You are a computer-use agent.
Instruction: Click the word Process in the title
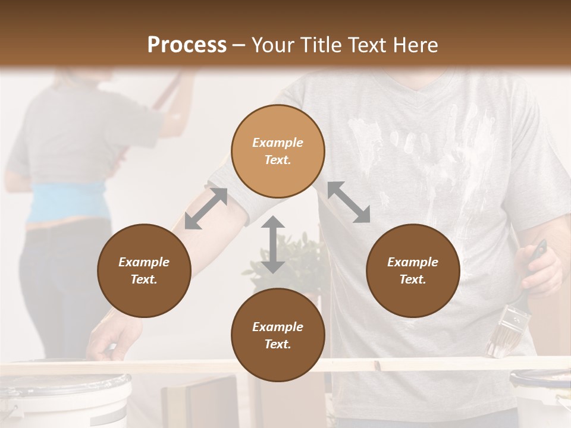(x=187, y=45)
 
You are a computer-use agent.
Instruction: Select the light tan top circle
(x=278, y=151)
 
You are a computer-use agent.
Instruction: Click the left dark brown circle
(x=144, y=270)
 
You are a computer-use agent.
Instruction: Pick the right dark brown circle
(x=413, y=270)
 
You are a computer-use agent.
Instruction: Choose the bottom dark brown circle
(x=278, y=335)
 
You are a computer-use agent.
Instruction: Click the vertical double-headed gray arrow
(x=273, y=244)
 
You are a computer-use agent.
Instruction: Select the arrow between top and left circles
(x=206, y=209)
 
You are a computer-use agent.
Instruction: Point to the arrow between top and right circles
(x=349, y=202)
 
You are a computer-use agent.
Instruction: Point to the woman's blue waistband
(x=65, y=202)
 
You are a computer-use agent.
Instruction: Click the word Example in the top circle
(x=278, y=143)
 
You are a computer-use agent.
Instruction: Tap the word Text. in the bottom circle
(x=278, y=344)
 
